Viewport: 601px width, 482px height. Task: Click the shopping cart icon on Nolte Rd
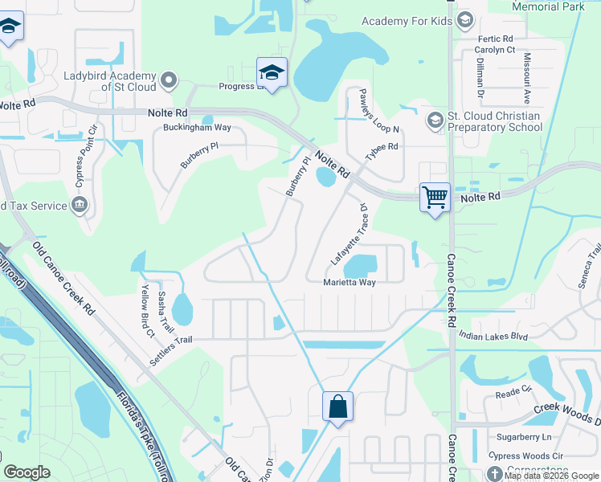coord(435,196)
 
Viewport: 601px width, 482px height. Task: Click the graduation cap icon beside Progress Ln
coord(272,72)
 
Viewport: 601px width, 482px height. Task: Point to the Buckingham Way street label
coord(197,128)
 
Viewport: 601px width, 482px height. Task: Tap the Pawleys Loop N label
coord(369,111)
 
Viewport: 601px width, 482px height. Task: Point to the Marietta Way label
coord(350,283)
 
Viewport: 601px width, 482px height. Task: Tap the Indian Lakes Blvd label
coord(493,337)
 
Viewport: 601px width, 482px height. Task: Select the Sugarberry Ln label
coord(524,437)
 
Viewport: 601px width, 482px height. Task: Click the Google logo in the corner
coord(27,472)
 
